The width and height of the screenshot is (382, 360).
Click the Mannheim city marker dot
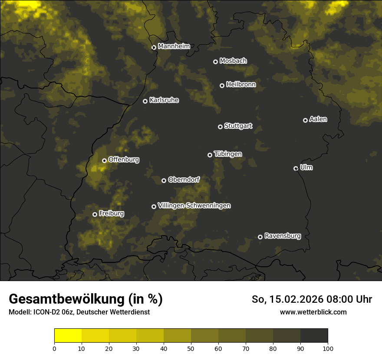154,48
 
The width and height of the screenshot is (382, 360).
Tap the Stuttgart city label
238,126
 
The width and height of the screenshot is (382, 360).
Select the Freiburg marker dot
95,214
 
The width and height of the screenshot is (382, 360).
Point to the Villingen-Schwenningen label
194,206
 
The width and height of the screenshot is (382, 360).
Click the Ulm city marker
296,168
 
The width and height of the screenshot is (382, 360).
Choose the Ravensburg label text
282,236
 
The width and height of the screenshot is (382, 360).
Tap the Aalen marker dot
305,120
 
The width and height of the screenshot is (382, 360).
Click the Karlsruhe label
164,100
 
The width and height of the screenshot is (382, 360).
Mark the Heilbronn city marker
222,85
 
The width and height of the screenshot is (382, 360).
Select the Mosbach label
233,61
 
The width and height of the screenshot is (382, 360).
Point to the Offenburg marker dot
104,160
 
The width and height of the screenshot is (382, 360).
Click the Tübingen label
227,154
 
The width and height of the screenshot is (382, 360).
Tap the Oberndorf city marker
164,180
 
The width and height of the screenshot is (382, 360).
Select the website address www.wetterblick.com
313,312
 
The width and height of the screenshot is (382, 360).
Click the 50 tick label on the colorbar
191,348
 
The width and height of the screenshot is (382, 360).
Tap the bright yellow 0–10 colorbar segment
68,336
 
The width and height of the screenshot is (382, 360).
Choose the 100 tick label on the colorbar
327,348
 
